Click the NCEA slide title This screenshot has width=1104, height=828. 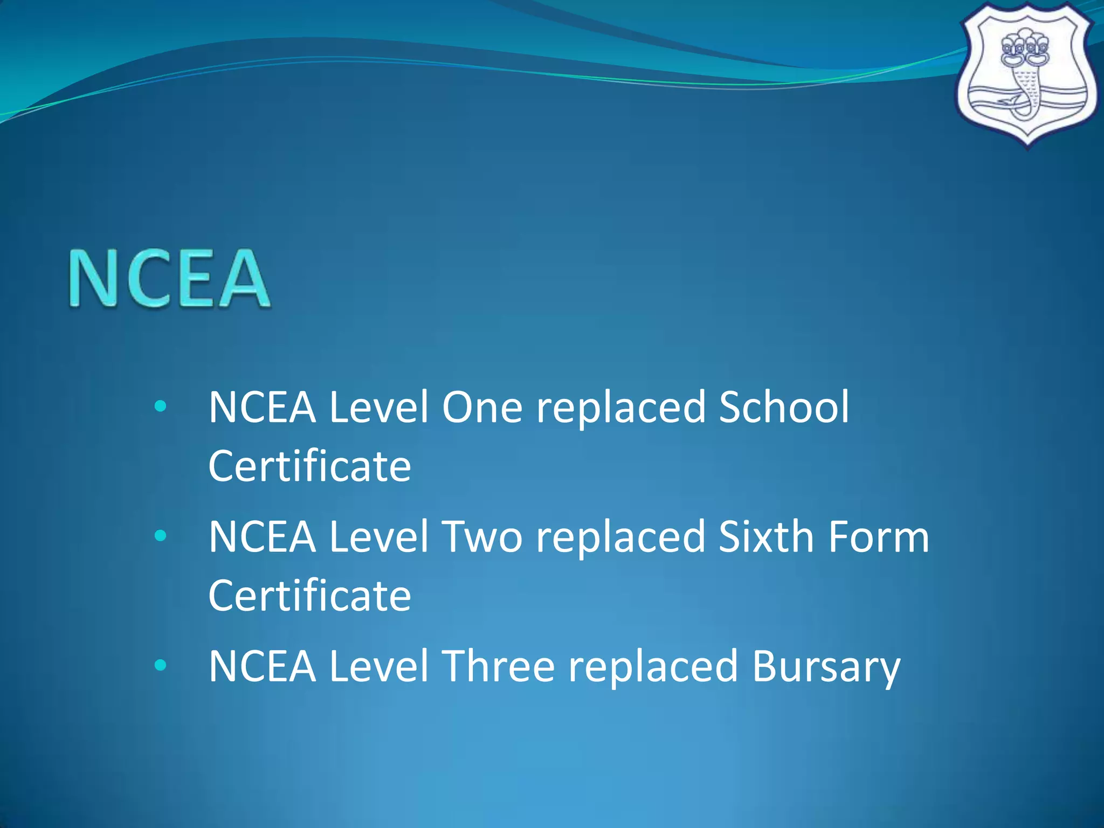169,278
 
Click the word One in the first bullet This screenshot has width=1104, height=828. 482,407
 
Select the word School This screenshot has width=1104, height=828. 784,407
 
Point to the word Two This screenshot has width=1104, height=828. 482,537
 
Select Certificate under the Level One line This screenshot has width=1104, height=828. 309,466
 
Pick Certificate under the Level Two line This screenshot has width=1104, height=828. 309,596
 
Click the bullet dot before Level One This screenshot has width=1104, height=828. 160,406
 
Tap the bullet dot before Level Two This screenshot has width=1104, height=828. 160,536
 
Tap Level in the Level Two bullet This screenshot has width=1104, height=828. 378,537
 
